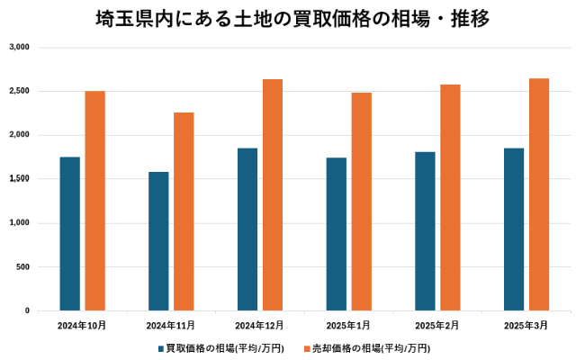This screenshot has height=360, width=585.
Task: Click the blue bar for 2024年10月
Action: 70,234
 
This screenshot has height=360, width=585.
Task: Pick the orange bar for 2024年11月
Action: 184,211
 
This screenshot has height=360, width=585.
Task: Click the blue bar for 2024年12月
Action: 247,229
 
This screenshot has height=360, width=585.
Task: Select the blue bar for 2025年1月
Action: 337,234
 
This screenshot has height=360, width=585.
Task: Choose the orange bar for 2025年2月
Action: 450,198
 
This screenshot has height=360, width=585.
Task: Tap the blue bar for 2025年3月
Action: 514,229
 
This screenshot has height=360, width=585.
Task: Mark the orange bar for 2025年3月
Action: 539,194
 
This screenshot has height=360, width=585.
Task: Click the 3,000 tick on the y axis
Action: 19,47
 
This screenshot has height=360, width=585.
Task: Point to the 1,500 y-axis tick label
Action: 19,179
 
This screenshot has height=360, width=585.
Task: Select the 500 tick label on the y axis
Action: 22,267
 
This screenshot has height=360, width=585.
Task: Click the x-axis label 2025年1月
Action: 348,324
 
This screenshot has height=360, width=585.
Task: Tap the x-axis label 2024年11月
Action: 171,324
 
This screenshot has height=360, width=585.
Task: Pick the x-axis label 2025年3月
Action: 526,324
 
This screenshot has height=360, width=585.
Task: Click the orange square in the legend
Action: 306,347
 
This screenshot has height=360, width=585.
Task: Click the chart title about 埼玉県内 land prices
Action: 292,19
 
